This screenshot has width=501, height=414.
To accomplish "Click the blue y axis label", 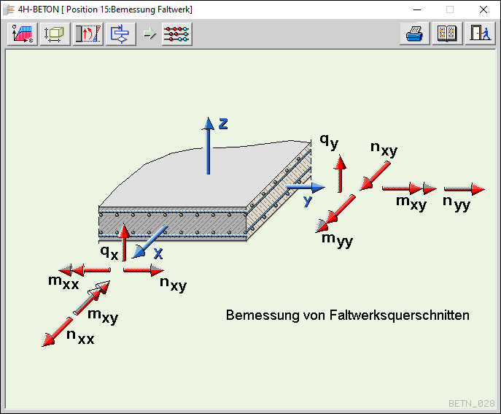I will point(308,199).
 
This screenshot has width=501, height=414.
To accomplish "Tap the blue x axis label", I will point(158,253).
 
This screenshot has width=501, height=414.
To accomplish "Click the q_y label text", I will point(329,141).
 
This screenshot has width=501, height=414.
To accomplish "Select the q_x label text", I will point(109,252).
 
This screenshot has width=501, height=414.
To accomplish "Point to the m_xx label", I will point(63,283).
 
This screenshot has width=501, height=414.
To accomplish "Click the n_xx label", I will point(80,337).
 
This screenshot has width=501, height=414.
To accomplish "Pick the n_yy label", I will point(457,204).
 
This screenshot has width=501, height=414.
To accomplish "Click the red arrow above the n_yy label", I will point(464,189).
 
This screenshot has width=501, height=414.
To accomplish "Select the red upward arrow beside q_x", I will point(125,242).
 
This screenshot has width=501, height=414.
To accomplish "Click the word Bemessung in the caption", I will point(256,315).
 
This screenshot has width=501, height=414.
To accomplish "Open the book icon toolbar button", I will point(446,34).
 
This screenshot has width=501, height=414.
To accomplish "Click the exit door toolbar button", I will point(479,34).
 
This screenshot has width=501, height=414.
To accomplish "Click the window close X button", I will point(483,9).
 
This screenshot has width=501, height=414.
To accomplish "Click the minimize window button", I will point(416,9).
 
